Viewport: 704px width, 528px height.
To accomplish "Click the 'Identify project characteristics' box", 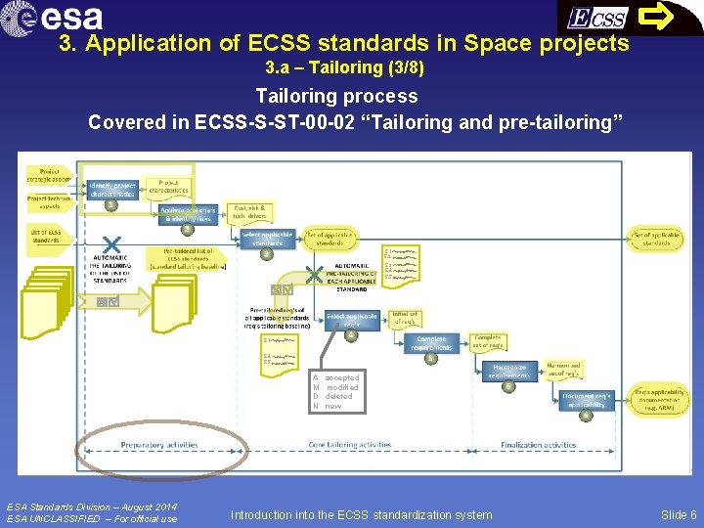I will [112, 189].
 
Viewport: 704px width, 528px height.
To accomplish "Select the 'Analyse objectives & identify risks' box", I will [189, 213].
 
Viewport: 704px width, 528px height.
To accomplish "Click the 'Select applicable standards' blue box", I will [267, 238].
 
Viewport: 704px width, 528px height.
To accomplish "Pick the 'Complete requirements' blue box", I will [430, 344].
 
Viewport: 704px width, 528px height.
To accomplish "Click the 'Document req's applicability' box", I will [587, 400].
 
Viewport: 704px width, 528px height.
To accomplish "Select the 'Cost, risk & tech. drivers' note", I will [250, 211].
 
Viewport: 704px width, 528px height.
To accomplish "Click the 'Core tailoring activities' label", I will [350, 445].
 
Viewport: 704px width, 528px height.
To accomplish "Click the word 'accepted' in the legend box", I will [342, 377].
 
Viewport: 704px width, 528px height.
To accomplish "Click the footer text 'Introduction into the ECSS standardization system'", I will [361, 514].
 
